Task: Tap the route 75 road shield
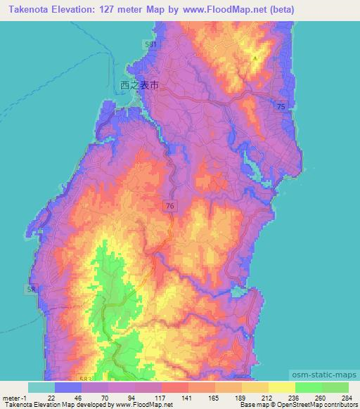[x=281, y=105]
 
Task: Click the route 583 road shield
[x=86, y=378]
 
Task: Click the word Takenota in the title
[x=27, y=9]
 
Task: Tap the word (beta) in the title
[x=280, y=9]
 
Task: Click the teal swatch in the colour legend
[x=41, y=387]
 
